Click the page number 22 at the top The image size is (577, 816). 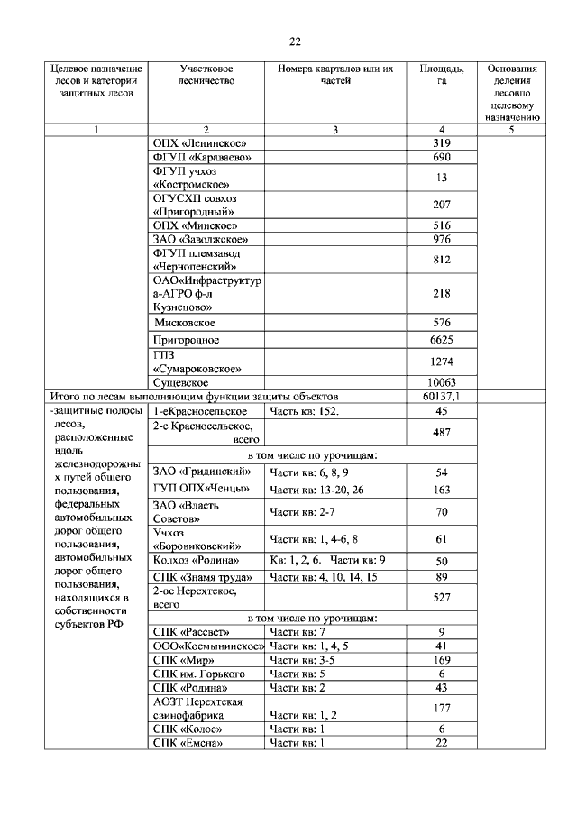coord(294,41)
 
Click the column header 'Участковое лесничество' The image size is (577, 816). coord(206,75)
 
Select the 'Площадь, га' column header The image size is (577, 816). coord(441,75)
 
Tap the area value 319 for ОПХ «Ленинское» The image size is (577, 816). coord(441,143)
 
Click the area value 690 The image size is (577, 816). coord(441,158)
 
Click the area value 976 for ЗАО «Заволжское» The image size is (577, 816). coord(441,239)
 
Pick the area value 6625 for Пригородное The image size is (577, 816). coord(441,340)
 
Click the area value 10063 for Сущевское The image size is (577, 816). coord(441,382)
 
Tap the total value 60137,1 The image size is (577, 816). coord(441,396)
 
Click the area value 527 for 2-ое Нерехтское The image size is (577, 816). coord(441,597)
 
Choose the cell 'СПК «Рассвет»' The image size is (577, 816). coord(192,631)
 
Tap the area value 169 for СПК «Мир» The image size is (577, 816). coord(441,660)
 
